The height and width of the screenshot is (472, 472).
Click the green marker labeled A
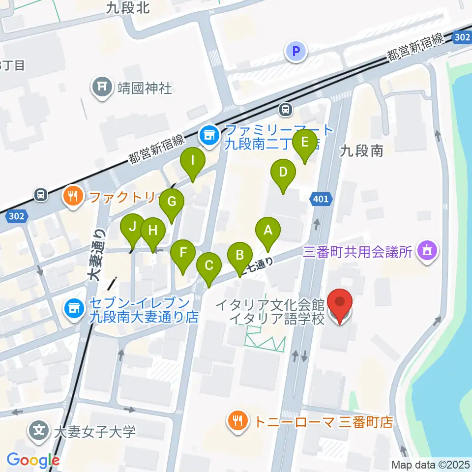pos(267,230)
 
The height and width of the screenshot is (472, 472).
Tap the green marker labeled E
pos(304,143)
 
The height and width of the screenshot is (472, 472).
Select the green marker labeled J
pos(133,227)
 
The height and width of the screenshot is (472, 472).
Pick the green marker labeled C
pos(208,266)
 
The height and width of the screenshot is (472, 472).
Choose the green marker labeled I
pos(192,160)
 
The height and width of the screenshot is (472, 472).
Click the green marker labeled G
pos(171,202)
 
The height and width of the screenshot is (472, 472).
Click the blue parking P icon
pos(296,51)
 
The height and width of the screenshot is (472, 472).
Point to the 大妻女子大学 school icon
pos(38,432)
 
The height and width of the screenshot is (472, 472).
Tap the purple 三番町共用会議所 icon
pos(426,252)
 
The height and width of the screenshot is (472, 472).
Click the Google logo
pos(33,460)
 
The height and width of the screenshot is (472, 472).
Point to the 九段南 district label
pos(361,151)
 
